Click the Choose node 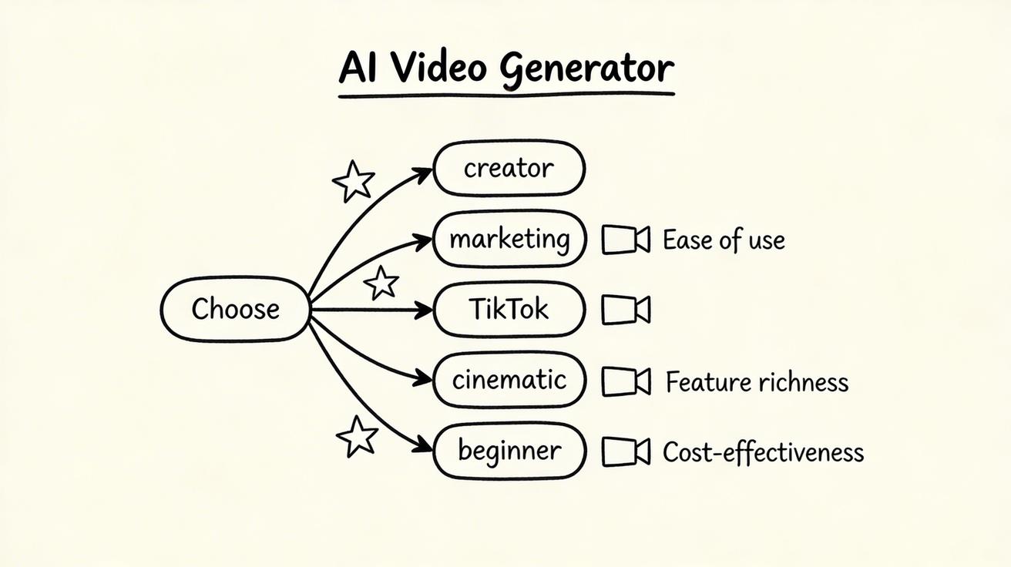(235, 309)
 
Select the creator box (509, 168)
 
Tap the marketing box (509, 239)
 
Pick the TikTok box (509, 310)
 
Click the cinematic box (509, 380)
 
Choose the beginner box (509, 451)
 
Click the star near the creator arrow (353, 182)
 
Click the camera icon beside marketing (625, 240)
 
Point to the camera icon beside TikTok (625, 310)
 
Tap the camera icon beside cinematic (625, 381)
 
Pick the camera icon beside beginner (625, 451)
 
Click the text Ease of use (724, 240)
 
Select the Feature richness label (757, 382)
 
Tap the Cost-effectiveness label (763, 452)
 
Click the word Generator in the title (586, 69)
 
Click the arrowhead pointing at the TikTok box (425, 310)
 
